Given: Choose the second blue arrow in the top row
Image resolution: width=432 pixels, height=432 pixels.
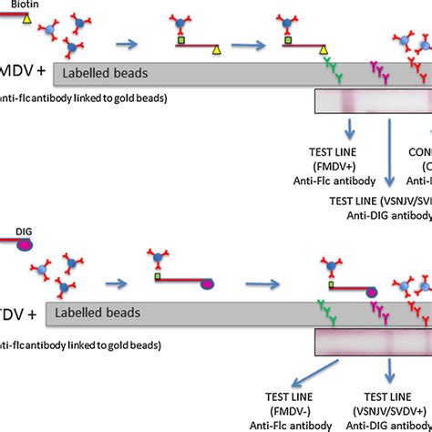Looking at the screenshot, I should [242, 43].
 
